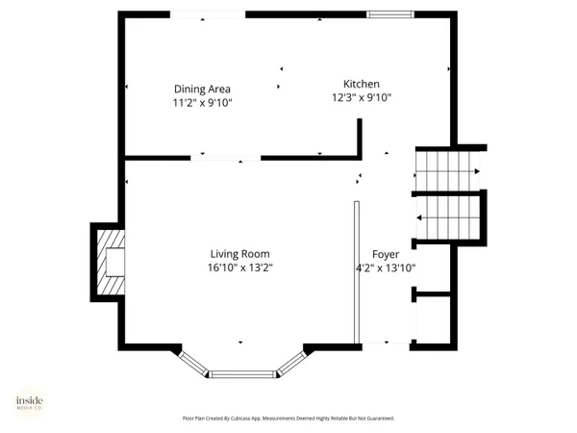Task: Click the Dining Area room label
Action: pyautogui.click(x=203, y=89)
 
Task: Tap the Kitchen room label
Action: pyautogui.click(x=363, y=84)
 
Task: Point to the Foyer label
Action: pyautogui.click(x=387, y=254)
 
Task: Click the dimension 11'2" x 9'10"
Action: pyautogui.click(x=203, y=102)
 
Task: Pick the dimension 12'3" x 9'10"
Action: pyautogui.click(x=363, y=97)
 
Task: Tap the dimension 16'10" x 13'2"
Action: pyautogui.click(x=245, y=267)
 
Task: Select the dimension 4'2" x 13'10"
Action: pyautogui.click(x=387, y=268)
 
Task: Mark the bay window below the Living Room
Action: pyautogui.click(x=242, y=370)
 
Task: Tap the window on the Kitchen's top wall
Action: pyautogui.click(x=391, y=13)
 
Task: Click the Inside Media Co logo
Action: pyautogui.click(x=29, y=404)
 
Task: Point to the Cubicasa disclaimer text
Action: pyautogui.click(x=288, y=419)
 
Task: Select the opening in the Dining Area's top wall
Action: pyautogui.click(x=207, y=13)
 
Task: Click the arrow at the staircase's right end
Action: pyautogui.click(x=477, y=170)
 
